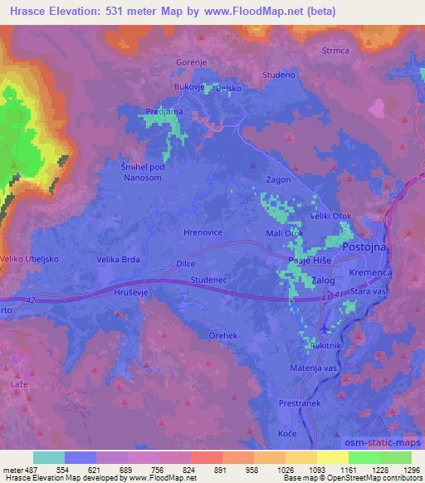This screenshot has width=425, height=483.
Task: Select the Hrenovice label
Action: tap(202, 233)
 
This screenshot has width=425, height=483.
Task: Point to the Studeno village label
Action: tap(278, 75)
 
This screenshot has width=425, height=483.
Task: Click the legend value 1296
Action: tap(407, 471)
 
